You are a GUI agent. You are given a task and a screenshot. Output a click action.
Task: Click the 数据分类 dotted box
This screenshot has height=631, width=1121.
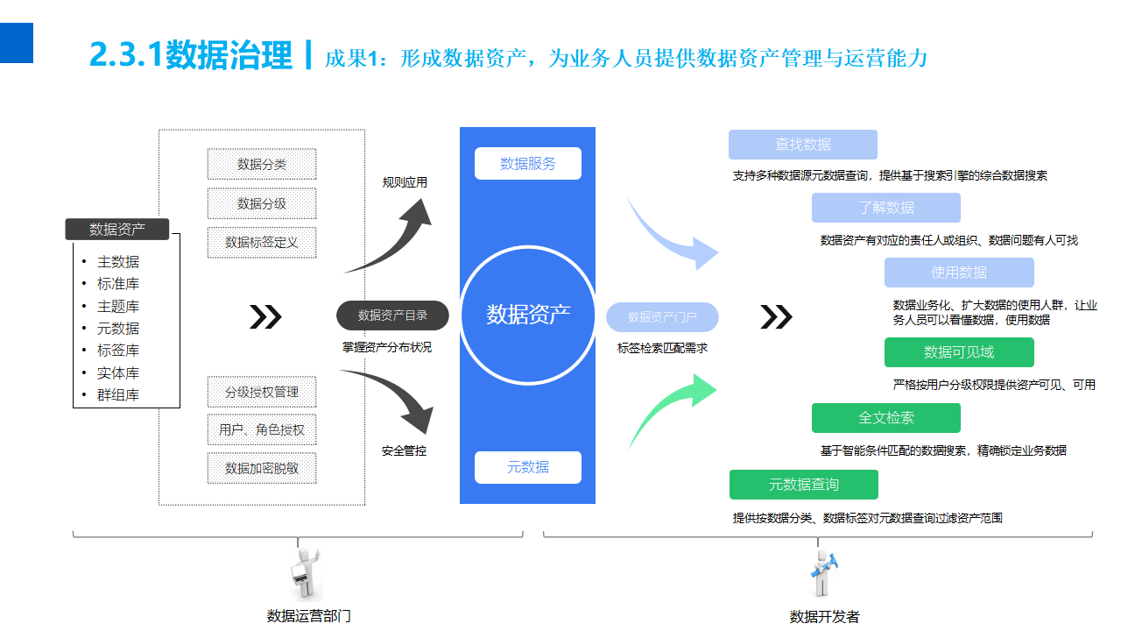[262, 164]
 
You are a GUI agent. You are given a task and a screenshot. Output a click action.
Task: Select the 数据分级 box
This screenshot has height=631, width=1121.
[262, 203]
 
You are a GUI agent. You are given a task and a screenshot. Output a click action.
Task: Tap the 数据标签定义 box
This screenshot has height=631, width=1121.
[262, 242]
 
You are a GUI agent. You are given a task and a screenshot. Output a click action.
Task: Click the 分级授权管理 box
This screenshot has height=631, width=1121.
[262, 392]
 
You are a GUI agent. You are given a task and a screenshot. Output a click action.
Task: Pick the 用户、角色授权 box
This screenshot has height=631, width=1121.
[262, 429]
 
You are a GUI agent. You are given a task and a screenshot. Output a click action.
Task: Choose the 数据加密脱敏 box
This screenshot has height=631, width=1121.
[262, 468]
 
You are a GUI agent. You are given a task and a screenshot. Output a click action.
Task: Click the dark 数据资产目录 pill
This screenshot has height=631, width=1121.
[392, 315]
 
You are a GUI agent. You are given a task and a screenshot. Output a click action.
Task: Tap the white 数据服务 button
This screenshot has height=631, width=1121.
[528, 164]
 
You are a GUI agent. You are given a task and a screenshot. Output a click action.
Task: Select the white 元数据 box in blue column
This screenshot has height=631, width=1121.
[528, 467]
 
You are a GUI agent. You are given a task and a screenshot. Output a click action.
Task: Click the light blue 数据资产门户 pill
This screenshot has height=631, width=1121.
[662, 316]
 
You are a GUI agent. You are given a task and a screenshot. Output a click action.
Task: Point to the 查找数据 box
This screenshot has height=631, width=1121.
[803, 145]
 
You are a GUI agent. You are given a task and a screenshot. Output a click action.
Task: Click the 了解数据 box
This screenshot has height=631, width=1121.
[886, 208]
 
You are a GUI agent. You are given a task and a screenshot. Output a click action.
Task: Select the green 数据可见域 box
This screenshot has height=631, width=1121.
[959, 352]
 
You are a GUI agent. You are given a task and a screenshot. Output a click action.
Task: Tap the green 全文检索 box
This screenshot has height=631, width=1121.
[886, 418]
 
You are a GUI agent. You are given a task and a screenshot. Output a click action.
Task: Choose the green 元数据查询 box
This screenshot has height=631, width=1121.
[803, 485]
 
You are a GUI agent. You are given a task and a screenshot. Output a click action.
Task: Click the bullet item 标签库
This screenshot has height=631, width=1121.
[118, 351]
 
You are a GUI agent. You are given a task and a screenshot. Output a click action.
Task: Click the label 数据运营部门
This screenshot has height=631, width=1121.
[309, 616]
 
